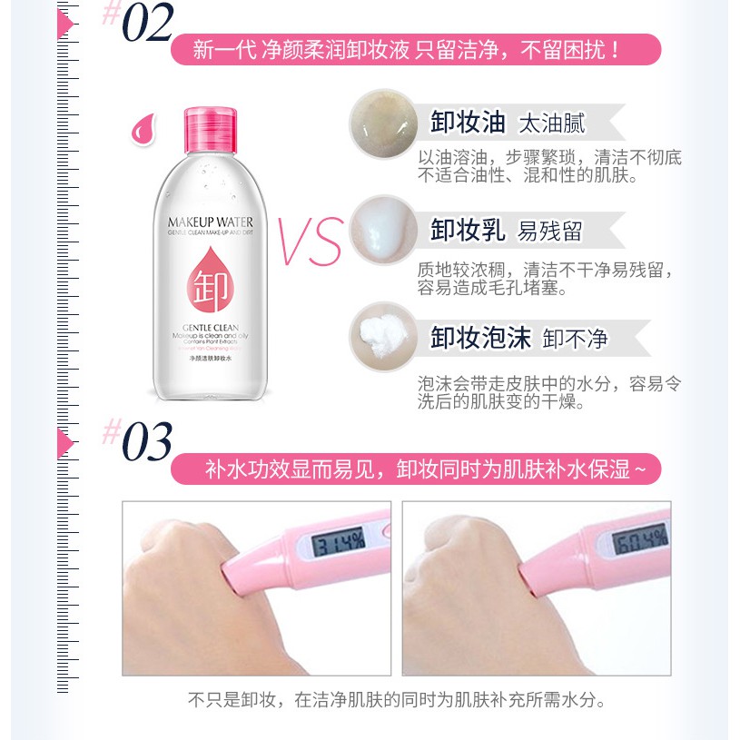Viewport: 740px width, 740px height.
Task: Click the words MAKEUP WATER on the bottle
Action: tap(211, 222)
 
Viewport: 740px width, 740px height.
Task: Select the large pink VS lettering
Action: tap(309, 242)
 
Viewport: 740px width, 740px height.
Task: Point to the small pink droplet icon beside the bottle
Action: tap(143, 130)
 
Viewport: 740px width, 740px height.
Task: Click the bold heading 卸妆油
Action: tap(467, 123)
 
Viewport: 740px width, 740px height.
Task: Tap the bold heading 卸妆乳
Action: tap(467, 230)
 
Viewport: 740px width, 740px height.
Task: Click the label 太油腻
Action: tap(551, 123)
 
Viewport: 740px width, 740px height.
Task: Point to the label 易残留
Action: tap(549, 231)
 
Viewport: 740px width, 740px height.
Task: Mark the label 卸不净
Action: tap(575, 339)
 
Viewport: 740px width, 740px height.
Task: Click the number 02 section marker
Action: tap(146, 25)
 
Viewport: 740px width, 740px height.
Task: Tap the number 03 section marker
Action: tap(146, 442)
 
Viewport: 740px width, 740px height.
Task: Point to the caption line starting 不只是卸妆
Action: tap(397, 700)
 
